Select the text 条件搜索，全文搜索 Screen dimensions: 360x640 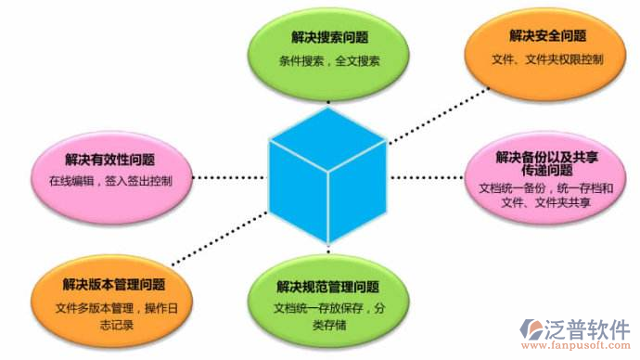pyautogui.click(x=329, y=61)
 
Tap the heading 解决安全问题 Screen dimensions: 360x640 pyautogui.click(x=547, y=35)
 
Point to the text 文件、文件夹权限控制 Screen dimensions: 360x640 pyautogui.click(x=547, y=60)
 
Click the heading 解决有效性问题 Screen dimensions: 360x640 pyautogui.click(x=109, y=160)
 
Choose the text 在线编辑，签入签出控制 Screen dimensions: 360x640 pyautogui.click(x=109, y=181)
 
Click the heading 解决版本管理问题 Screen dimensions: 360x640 pyautogui.click(x=114, y=284)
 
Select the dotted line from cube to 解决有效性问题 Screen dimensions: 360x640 pyautogui.click(x=232, y=174)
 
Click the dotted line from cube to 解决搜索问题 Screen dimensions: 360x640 pyautogui.click(x=326, y=94)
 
